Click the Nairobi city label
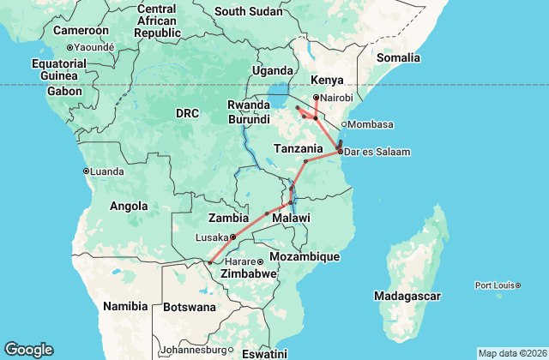tap(336, 97)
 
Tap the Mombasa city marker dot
tap(344, 124)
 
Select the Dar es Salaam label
tap(377, 152)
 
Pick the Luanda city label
tap(107, 171)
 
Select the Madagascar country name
tap(407, 296)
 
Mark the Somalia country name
tap(399, 57)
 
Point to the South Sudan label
tap(248, 11)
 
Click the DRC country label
tap(187, 113)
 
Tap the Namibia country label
tap(125, 306)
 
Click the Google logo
tap(28, 350)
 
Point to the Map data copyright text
tap(511, 353)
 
